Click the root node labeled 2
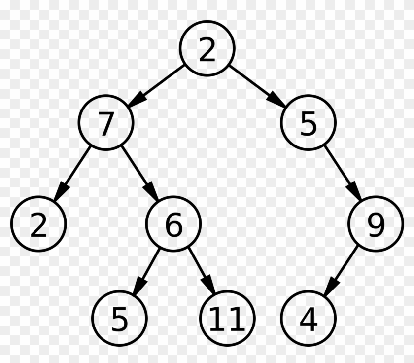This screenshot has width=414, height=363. [x=207, y=48]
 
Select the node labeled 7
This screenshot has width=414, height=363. [x=106, y=123]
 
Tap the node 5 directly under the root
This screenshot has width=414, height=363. [x=308, y=123]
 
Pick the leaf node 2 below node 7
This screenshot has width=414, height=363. [x=38, y=224]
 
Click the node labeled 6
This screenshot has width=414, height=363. [x=173, y=224]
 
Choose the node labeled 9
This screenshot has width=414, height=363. [x=376, y=224]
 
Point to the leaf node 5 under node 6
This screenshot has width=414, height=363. [x=119, y=318]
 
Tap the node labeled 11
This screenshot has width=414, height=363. [x=227, y=318]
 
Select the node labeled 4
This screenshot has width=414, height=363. [x=308, y=318]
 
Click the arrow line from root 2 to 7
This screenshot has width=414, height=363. [x=156, y=86]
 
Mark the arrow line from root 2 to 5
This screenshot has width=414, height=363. [x=258, y=86]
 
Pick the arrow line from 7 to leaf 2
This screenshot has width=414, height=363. [x=72, y=173]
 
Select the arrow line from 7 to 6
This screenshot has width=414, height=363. [x=139, y=173]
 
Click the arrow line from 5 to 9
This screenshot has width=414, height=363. [x=343, y=173]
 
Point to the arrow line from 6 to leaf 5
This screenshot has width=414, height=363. [x=146, y=271]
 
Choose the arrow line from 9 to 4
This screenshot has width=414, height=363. [x=342, y=271]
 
